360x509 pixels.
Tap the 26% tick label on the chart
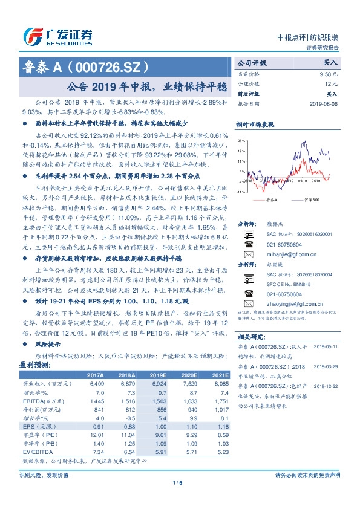coord(241,141)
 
